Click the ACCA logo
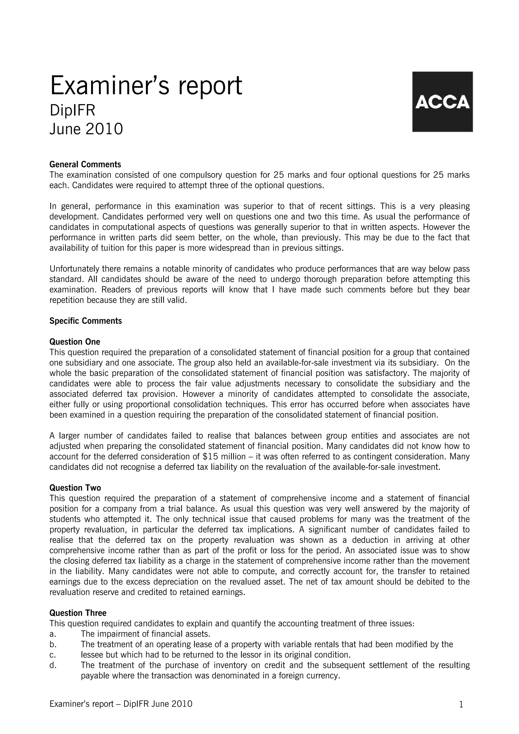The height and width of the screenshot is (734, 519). tap(442, 102)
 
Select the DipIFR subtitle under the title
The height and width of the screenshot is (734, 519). tap(72, 111)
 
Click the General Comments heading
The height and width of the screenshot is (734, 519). tap(85, 164)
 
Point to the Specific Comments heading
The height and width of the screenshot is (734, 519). tap(85, 321)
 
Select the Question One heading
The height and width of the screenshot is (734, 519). tap(75, 342)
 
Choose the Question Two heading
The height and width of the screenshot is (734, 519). tap(75, 488)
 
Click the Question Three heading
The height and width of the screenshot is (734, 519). tap(78, 613)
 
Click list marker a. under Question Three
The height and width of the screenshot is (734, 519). tap(53, 634)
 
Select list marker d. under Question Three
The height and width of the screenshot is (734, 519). tap(53, 665)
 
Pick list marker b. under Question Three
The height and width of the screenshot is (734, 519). tap(53, 644)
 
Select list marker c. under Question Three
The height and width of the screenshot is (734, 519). tap(53, 655)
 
